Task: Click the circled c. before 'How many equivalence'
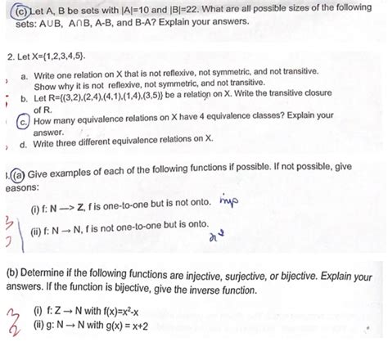coord(25,120)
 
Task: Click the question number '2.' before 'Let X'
coord(10,59)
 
